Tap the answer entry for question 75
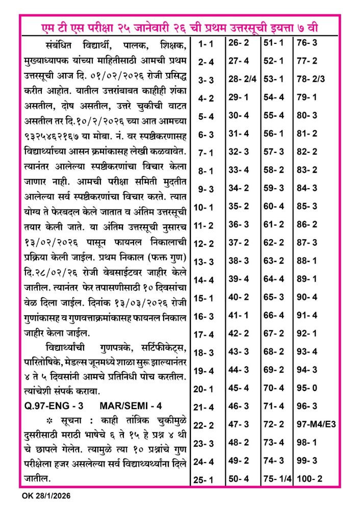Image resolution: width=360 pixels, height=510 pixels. pos(277,479)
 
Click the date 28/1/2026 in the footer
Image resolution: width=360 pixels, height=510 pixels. pos(53,496)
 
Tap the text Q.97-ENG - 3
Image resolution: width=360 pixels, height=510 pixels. pos(54,406)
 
